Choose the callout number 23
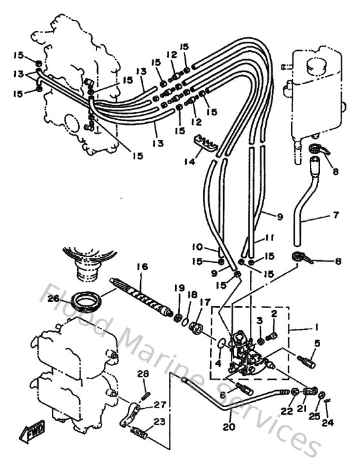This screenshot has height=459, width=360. click(159, 423)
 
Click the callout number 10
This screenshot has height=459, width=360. click(197, 247)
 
